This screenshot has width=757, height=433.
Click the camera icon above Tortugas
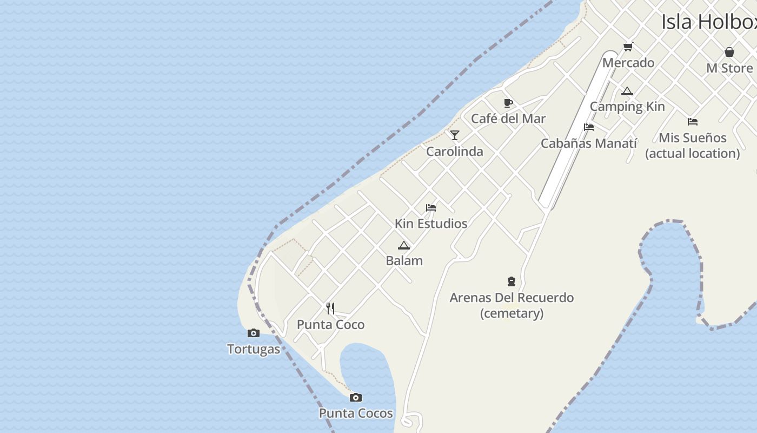(253, 333)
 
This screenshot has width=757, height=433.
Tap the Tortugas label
(254, 349)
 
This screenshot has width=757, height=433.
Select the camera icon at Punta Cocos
(355, 397)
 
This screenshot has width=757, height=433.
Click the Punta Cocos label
(356, 414)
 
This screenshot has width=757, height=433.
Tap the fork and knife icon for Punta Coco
(330, 309)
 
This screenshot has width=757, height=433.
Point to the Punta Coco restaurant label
(330, 325)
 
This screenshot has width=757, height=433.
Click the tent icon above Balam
(404, 245)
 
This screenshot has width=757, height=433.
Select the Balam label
(404, 261)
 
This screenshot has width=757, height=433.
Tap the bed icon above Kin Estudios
(431, 208)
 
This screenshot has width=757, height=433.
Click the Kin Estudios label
(431, 224)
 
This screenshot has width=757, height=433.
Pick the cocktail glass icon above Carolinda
(455, 135)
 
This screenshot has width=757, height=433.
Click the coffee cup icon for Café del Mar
(508, 103)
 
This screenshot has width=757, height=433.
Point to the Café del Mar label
(508, 119)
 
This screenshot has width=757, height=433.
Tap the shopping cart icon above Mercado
(628, 47)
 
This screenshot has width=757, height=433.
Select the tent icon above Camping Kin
(627, 91)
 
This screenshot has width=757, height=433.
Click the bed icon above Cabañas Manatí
(589, 127)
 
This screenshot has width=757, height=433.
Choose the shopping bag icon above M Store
(729, 52)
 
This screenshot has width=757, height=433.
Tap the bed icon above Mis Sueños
(693, 122)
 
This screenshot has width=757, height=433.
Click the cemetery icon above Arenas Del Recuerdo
(512, 281)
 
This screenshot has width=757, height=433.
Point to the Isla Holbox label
(709, 22)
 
